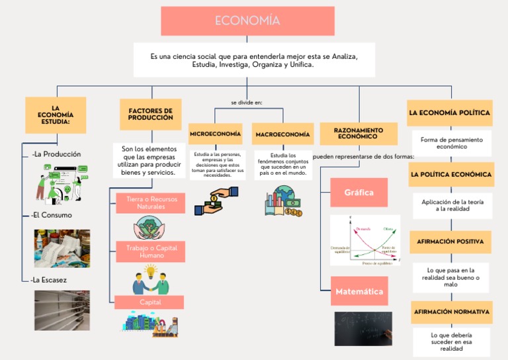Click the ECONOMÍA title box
click(247, 21)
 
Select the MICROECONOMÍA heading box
click(216, 134)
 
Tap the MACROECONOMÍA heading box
click(282, 134)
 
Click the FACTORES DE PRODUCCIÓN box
click(150, 114)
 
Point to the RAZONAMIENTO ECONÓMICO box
click(358, 133)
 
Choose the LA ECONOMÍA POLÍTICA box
click(450, 113)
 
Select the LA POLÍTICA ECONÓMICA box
click(450, 175)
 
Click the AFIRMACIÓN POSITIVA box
click(450, 242)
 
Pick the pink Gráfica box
click(359, 193)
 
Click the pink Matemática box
click(359, 291)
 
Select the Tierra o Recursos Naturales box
click(151, 203)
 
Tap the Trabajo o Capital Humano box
click(151, 251)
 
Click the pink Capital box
click(149, 302)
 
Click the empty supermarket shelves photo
click(62, 310)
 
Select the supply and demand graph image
click(365, 240)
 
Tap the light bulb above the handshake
click(151, 271)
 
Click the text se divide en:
click(247, 103)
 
